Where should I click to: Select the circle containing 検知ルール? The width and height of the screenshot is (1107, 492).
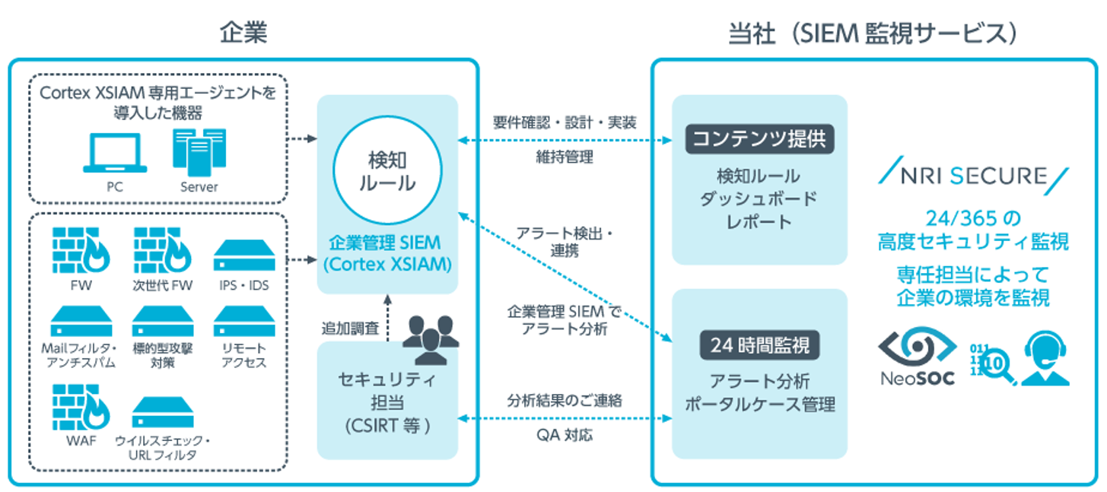386,173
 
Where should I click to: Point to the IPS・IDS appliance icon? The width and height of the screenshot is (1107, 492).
241,257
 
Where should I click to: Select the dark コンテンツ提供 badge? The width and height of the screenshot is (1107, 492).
760,139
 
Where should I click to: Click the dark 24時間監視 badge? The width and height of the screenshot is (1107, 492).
760,346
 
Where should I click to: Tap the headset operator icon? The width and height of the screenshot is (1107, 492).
1046,359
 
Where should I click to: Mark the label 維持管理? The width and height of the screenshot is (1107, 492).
564,157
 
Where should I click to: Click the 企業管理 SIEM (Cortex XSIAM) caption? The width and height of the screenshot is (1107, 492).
386,254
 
